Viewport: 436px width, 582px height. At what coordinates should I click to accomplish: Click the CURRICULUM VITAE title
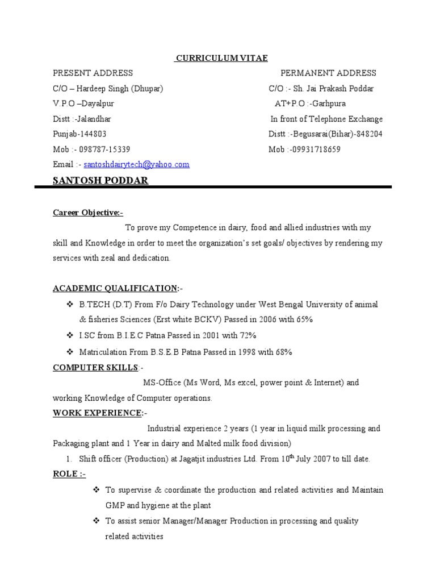click(x=221, y=58)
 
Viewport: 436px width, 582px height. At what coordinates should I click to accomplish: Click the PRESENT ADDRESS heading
click(x=93, y=73)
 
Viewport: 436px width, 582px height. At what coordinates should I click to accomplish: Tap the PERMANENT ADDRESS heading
click(x=328, y=73)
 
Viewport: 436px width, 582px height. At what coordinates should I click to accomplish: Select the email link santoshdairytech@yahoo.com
click(x=137, y=164)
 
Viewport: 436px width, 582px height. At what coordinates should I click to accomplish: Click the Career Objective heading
click(x=87, y=213)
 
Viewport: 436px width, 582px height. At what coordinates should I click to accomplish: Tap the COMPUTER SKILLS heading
click(x=95, y=367)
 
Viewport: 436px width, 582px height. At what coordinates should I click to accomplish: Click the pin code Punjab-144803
click(x=79, y=134)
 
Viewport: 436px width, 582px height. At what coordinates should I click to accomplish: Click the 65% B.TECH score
click(x=303, y=319)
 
